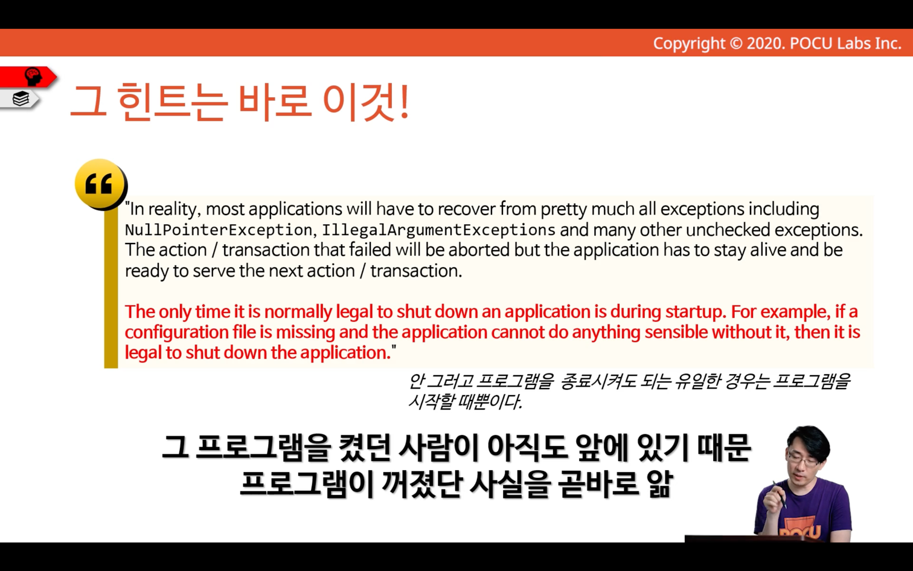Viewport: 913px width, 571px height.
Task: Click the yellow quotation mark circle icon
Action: coord(101,184)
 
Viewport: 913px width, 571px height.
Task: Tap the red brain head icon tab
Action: coord(28,77)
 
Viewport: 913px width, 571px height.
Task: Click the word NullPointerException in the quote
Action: coord(219,230)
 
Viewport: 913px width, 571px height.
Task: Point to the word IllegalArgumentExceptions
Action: coord(438,230)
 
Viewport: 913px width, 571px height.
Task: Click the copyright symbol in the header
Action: coord(736,44)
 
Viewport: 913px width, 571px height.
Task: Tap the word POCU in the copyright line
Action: coord(812,44)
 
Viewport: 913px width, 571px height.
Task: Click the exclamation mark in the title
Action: coord(404,102)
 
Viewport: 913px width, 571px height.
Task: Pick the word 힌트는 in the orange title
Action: coord(171,102)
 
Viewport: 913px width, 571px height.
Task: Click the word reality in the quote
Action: coord(175,210)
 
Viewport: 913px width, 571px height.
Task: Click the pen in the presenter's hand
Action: coord(780,495)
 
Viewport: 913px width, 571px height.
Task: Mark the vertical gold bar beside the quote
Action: coord(111,288)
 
